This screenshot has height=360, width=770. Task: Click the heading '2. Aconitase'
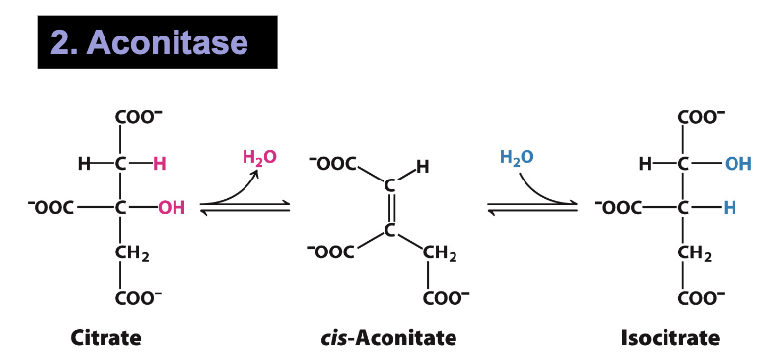coord(158,42)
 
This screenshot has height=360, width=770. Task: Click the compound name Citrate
coord(105,338)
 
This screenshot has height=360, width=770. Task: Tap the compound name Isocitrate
coord(669,338)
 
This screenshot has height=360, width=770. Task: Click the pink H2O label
coord(260,157)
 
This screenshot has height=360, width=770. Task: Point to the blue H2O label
coord(518,157)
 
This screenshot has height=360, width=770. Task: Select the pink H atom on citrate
coord(159,164)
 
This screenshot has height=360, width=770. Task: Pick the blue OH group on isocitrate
coord(737,164)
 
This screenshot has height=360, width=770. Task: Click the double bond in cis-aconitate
coord(390,207)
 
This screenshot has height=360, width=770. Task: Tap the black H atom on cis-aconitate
coord(422,168)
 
